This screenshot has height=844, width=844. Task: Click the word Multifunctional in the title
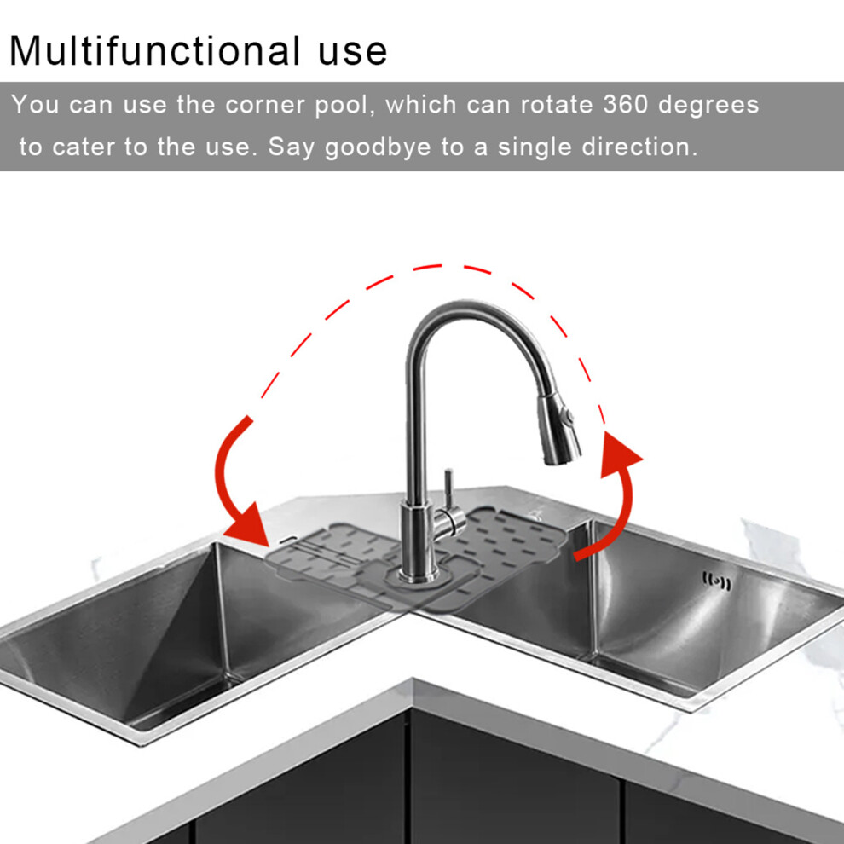coord(155,50)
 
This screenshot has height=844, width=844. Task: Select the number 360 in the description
coord(626,104)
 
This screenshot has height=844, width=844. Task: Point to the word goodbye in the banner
coord(378,147)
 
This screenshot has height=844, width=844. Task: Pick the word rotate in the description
coord(557,104)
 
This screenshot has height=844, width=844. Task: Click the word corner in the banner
coord(264,105)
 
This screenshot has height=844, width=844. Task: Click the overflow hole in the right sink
coord(717,582)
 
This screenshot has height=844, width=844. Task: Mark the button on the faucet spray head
coord(567,416)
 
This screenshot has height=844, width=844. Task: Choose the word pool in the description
coord(344,106)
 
